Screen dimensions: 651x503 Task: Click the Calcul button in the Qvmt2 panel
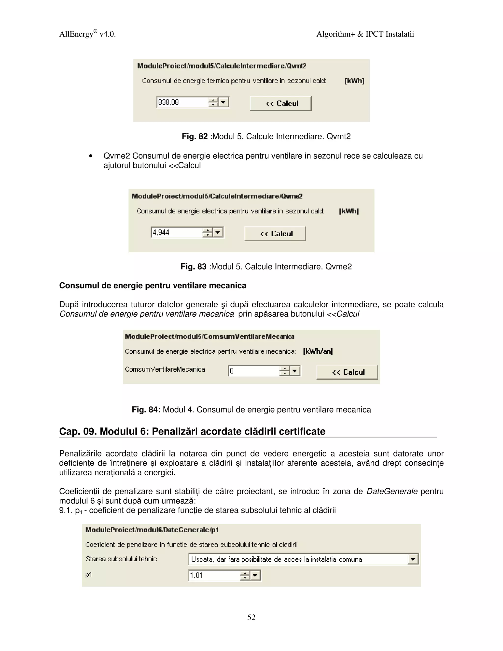coord(280,103)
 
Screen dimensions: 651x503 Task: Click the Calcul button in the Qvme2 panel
coord(275,234)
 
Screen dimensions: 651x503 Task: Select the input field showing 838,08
coord(182,102)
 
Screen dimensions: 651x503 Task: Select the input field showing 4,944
coord(176,232)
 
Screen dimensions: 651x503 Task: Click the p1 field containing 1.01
coord(214,575)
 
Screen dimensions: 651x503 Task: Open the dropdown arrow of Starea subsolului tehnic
coord(413,559)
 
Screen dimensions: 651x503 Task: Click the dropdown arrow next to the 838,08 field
coord(224,102)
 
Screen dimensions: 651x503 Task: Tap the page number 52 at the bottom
coord(251,617)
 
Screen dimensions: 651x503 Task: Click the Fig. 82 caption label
coord(195,137)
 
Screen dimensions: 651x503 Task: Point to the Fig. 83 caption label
coord(193,267)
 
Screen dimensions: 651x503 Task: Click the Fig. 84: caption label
coord(146,410)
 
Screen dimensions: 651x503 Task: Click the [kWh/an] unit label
coord(318,352)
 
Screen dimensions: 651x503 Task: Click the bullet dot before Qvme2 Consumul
coord(91,156)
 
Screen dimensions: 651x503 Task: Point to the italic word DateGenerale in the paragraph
coord(391,492)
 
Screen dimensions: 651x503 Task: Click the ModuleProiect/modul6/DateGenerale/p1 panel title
coord(152,530)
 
